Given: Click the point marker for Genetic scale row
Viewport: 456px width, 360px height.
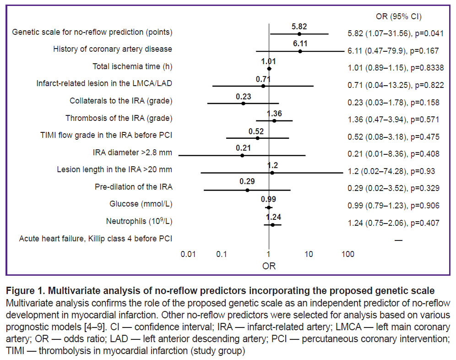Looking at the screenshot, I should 299,33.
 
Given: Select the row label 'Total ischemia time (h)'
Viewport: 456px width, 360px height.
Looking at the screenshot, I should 132,67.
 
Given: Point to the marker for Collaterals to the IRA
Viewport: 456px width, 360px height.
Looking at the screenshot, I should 243,104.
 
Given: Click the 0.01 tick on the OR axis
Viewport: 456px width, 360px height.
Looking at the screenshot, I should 189,254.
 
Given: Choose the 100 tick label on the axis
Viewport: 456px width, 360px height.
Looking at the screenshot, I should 347,254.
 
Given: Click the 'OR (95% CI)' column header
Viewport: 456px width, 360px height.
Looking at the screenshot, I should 399,17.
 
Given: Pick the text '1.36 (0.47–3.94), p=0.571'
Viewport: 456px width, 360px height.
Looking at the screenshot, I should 394,120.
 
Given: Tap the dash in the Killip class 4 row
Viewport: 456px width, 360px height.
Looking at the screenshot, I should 398,240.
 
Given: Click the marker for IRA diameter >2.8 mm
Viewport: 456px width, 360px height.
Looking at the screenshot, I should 242,156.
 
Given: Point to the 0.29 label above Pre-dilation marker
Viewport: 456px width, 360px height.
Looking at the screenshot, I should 247,181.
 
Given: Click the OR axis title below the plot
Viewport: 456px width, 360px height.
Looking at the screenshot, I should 269,266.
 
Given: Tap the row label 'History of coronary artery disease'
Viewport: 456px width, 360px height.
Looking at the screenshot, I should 113,49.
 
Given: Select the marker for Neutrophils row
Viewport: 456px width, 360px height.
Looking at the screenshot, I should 272,224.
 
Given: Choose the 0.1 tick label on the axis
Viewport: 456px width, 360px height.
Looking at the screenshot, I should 222,254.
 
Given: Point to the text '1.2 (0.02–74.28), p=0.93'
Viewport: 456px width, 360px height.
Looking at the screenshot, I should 391,171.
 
